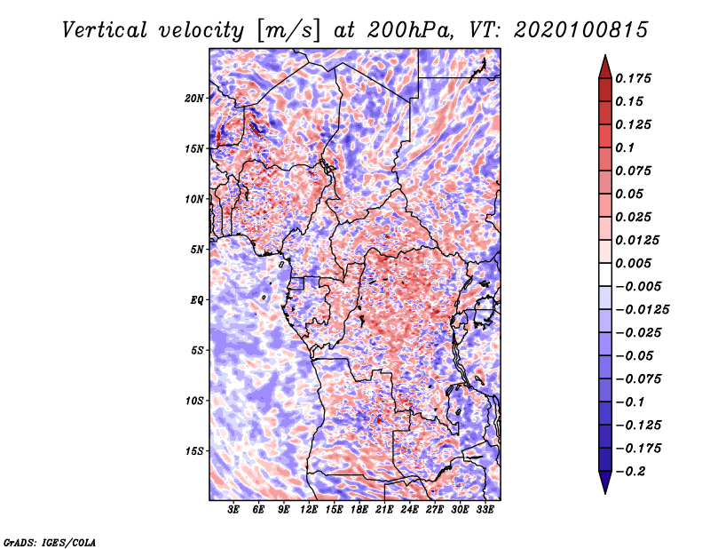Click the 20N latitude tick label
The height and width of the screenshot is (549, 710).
click(x=195, y=98)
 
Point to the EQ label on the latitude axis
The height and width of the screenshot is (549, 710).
click(x=197, y=300)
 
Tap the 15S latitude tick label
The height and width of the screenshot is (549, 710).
click(x=195, y=451)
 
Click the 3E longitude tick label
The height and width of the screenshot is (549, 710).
click(x=234, y=509)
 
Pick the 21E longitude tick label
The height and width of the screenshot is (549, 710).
click(x=384, y=509)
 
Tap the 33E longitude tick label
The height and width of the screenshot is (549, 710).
click(x=485, y=509)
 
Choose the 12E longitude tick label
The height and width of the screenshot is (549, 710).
click(x=310, y=509)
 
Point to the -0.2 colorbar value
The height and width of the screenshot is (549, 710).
click(x=635, y=471)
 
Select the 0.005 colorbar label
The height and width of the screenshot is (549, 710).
click(x=635, y=263)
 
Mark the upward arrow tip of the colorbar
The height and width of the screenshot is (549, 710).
click(x=604, y=58)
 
